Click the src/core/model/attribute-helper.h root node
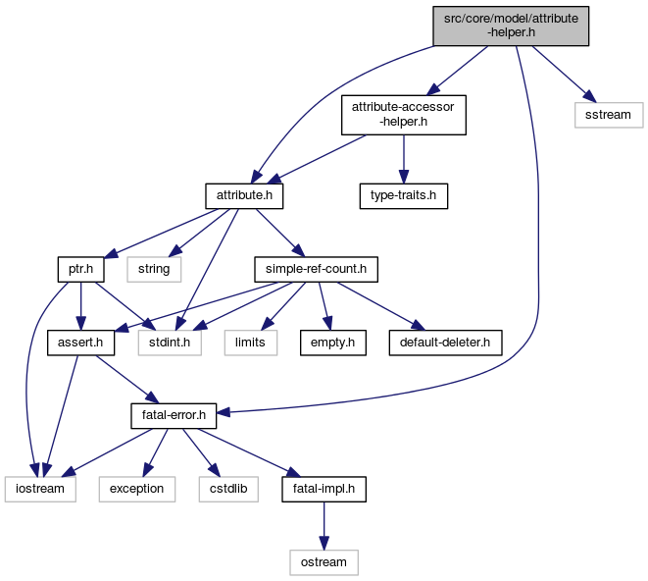[511, 25]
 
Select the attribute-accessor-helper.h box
[402, 115]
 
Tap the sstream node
[608, 115]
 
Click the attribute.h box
[244, 195]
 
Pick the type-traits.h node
[402, 195]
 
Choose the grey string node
[153, 268]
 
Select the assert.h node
[81, 343]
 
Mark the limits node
[249, 343]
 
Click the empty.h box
[332, 343]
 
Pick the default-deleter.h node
[445, 343]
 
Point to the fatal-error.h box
[174, 416]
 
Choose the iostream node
[40, 489]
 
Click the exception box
[136, 489]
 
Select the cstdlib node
[227, 489]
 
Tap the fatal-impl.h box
[324, 489]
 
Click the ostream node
[324, 561]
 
